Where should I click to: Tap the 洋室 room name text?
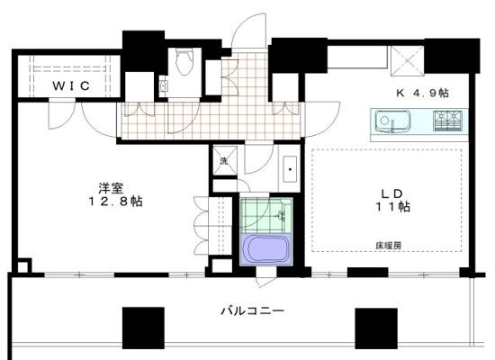pyautogui.click(x=111, y=188)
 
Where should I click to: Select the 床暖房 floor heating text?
pyautogui.click(x=390, y=244)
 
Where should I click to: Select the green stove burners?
pyautogui.click(x=445, y=120)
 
